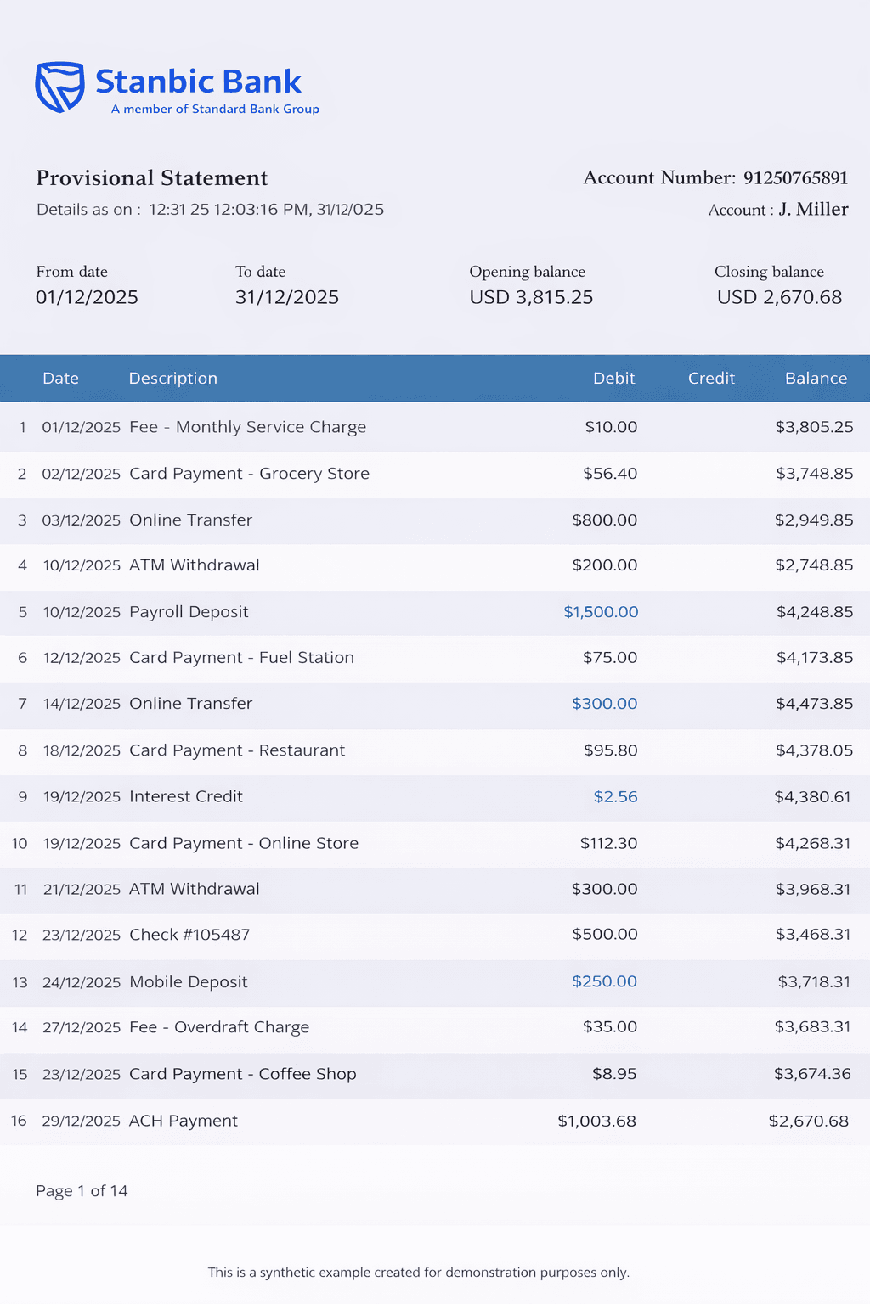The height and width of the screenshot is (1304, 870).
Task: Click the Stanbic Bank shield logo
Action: point(59,87)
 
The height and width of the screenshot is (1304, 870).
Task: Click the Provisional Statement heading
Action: point(151,178)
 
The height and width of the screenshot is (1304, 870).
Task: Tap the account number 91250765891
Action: point(795,177)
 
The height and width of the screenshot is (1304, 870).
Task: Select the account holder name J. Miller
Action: point(813,210)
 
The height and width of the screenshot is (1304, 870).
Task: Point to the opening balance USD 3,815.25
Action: point(531,297)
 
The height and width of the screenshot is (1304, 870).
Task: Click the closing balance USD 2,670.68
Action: point(779,297)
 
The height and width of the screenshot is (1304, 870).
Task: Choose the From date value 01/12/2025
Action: point(87,297)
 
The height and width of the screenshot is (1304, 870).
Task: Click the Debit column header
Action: point(613,379)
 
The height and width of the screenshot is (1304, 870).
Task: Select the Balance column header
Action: point(816,379)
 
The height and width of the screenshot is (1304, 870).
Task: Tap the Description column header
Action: point(172,379)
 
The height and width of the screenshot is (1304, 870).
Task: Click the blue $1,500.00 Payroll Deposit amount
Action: point(601,612)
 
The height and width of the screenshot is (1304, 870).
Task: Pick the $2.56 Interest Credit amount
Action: point(615,797)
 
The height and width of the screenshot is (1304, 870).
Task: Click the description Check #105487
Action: point(189,935)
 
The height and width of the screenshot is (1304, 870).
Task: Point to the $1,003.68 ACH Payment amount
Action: point(596,1121)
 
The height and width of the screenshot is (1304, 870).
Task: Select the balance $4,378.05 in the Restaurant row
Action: point(814,750)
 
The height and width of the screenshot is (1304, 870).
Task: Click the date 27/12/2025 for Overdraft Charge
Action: point(82,1027)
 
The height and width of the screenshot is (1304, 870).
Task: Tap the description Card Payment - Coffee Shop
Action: point(242,1074)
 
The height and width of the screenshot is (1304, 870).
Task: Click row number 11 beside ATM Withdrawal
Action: point(21,890)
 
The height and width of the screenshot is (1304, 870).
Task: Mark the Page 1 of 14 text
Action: point(82,1191)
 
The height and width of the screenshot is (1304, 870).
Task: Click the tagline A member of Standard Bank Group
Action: point(215,110)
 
